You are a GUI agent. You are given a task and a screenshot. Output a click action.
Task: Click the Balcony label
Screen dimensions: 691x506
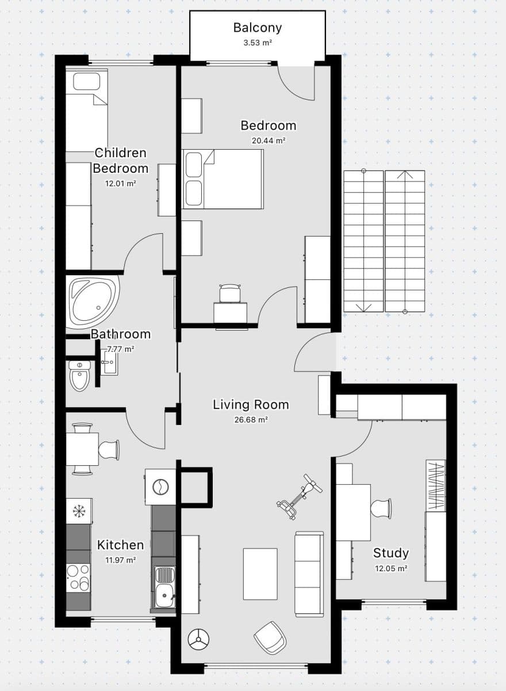(257, 28)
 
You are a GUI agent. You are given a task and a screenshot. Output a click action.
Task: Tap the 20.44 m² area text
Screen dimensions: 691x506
(269, 141)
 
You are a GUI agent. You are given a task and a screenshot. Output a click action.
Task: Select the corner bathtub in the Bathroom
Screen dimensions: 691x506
(92, 300)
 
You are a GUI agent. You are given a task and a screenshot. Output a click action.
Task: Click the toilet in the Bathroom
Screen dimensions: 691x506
(79, 375)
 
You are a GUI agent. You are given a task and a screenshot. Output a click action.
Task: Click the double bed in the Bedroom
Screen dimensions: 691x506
(223, 179)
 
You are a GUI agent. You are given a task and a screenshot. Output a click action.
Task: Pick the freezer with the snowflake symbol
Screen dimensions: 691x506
(79, 511)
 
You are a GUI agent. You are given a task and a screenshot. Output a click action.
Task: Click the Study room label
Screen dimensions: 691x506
(391, 553)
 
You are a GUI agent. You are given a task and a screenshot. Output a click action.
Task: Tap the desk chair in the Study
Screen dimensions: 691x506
(381, 508)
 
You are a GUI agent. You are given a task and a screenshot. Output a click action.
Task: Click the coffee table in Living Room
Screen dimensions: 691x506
(260, 574)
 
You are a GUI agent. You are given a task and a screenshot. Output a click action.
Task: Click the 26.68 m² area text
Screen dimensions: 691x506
(251, 420)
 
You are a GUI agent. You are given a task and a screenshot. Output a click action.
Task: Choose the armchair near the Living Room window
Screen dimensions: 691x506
(270, 637)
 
